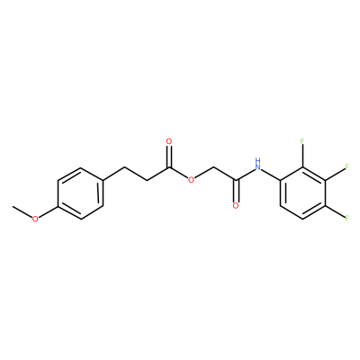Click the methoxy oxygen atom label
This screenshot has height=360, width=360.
click(x=35, y=219)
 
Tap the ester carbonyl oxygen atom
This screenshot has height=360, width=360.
click(x=169, y=141)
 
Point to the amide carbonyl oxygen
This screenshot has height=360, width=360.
click(x=236, y=206)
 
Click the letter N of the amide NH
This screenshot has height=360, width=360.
click(x=257, y=167)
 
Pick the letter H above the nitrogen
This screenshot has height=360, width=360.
click(x=257, y=159)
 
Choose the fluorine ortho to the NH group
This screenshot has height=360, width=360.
click(x=302, y=141)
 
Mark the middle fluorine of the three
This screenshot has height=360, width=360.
click(x=346, y=166)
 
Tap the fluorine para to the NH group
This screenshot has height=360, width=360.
click(x=346, y=218)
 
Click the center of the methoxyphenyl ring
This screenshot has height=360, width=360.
click(x=80, y=193)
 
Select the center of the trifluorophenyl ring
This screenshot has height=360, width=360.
click(x=302, y=193)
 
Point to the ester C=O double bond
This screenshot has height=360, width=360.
click(x=169, y=157)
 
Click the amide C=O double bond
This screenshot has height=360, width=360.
click(x=236, y=191)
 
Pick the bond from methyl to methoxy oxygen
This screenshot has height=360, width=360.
click(x=22, y=212)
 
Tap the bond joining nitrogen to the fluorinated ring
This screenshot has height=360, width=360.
click(x=270, y=175)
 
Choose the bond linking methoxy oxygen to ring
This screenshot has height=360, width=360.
click(x=48, y=212)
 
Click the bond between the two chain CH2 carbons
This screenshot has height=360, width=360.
click(x=136, y=174)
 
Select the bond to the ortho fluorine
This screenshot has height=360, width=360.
click(x=302, y=156)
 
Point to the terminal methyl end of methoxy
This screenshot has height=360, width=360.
click(x=13, y=206)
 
